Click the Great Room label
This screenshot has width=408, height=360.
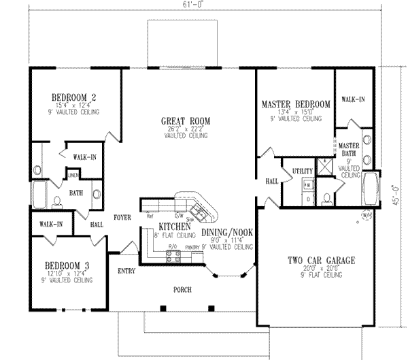pyautogui.click(x=185, y=121)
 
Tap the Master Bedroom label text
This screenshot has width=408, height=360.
pyautogui.click(x=296, y=104)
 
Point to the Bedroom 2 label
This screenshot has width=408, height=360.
pyautogui.click(x=75, y=96)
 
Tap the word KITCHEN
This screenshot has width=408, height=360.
pyautogui.click(x=174, y=226)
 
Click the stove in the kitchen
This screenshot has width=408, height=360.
pyautogui.click(x=173, y=257)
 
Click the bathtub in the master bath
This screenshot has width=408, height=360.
pyautogui.click(x=372, y=187)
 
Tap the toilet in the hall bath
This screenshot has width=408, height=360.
pyautogui.click(x=57, y=201)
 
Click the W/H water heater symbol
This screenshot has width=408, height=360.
pyautogui.click(x=366, y=216)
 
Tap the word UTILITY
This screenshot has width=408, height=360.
pyautogui.click(x=302, y=169)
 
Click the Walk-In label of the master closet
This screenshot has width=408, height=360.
pyautogui.click(x=353, y=99)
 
